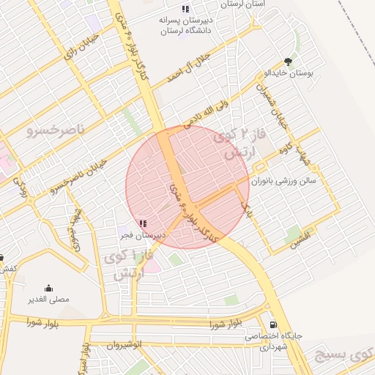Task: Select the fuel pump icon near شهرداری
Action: (273, 324)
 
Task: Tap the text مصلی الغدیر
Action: (48, 300)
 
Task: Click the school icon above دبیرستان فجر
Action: (142, 223)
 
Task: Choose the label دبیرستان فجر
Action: (142, 235)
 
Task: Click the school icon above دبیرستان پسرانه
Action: (185, 9)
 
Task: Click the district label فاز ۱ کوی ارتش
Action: (134, 266)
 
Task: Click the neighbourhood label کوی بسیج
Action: (343, 356)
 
